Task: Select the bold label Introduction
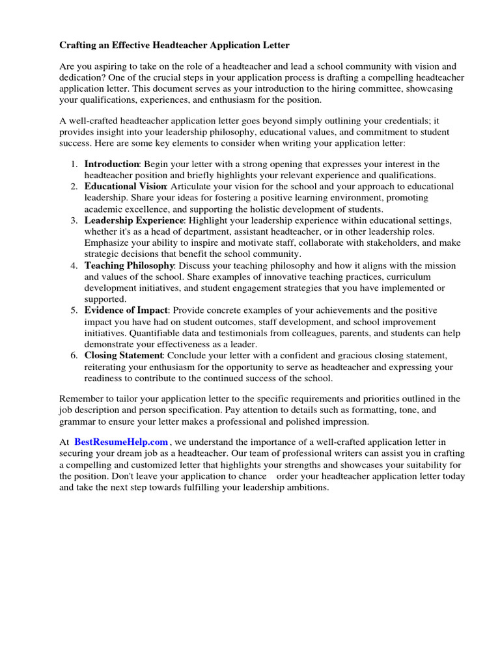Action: tap(111, 164)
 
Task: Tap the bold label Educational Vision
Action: tap(123, 186)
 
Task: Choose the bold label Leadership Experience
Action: tap(134, 220)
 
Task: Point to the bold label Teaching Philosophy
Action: tap(129, 265)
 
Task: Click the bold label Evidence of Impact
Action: tap(126, 310)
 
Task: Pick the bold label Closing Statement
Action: tap(123, 355)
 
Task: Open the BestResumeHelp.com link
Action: tap(121, 442)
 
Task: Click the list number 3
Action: tap(75, 220)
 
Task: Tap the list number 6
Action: tap(75, 355)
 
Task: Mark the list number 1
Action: tap(75, 164)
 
